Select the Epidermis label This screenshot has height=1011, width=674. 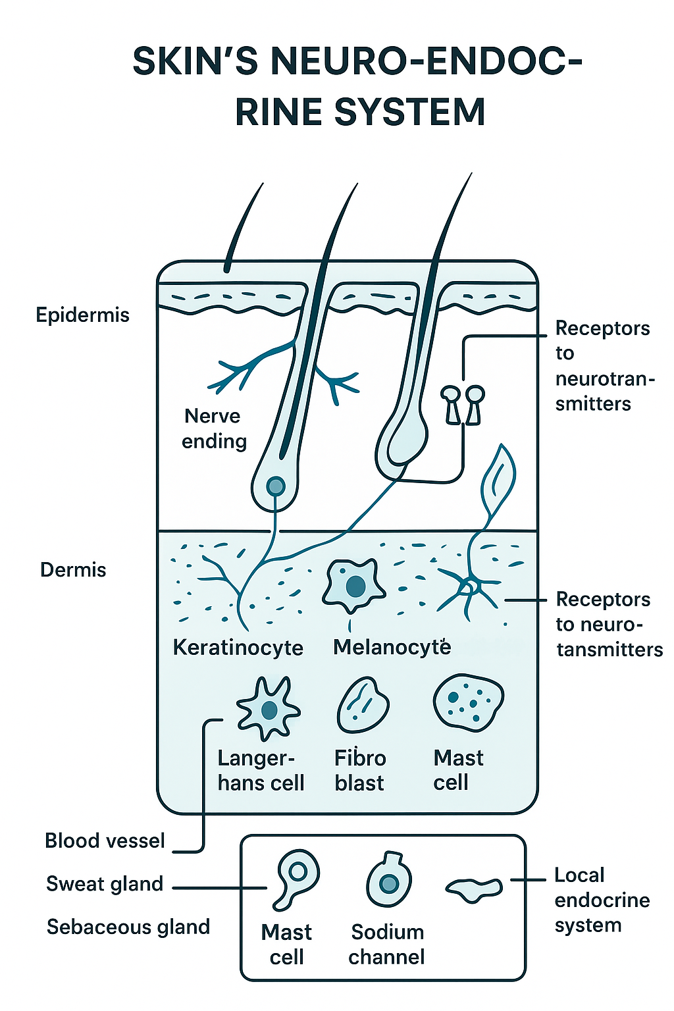82,315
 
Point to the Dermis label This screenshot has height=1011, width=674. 73,570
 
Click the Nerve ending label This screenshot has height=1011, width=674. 214,428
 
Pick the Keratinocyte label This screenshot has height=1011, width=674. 238,648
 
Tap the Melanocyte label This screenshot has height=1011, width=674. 392,648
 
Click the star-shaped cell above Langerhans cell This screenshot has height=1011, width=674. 268,709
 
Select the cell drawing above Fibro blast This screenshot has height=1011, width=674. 363,706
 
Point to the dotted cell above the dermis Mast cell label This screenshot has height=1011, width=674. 468,702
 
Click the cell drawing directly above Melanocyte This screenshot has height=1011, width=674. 353,584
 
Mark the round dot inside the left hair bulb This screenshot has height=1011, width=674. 276,487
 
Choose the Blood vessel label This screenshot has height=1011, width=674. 105,841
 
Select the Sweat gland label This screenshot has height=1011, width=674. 105,884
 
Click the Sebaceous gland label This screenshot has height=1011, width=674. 128,927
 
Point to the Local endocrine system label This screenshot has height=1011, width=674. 602,900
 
